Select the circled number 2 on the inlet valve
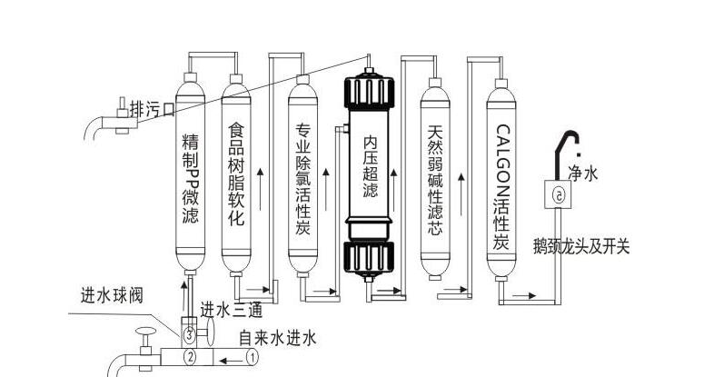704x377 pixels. pyautogui.click(x=190, y=357)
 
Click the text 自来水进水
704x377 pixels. pyautogui.click(x=277, y=339)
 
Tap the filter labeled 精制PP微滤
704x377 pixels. pyautogui.click(x=192, y=173)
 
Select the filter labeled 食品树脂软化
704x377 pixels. pyautogui.click(x=235, y=173)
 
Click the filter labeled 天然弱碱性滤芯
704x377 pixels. pyautogui.click(x=436, y=173)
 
